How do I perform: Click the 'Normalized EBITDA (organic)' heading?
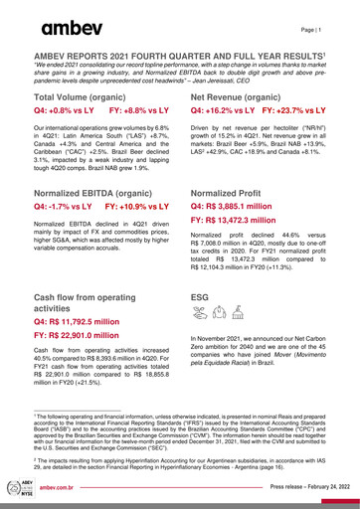100,192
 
